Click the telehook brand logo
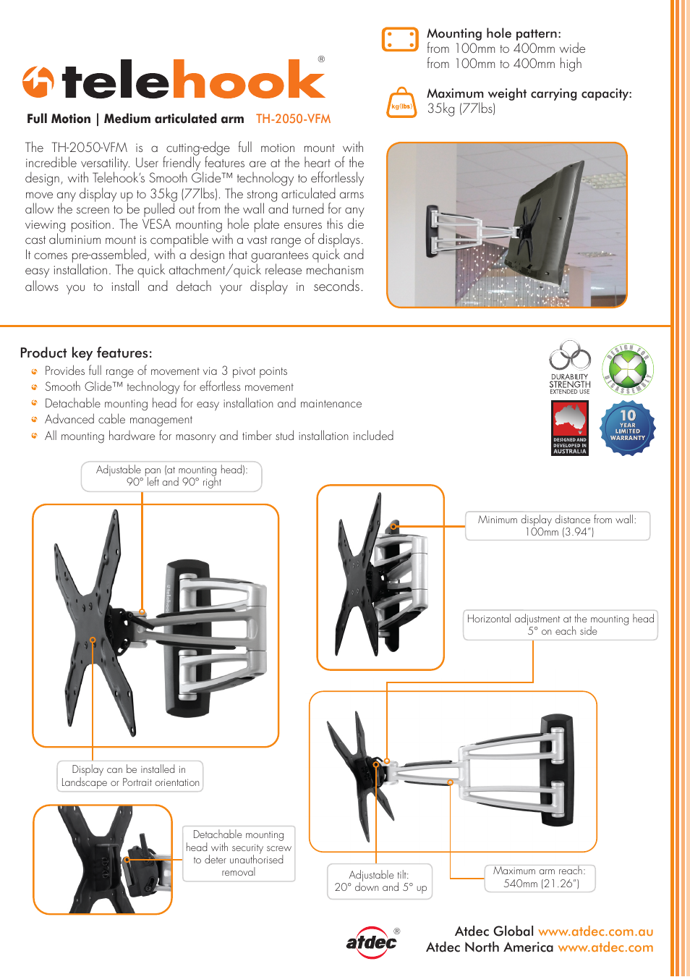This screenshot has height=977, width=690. pos(174,80)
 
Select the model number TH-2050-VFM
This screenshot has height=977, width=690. pos(293,119)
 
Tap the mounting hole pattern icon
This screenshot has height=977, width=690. pos(399,40)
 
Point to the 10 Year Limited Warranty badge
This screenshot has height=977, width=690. pos(628,428)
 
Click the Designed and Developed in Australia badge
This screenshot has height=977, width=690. pos(570,428)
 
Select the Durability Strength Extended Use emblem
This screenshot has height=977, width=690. pos(570,368)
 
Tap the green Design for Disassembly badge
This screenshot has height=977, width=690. pos(628,369)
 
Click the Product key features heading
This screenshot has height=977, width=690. pos(86,353)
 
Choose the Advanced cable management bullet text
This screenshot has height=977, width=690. pos(119,420)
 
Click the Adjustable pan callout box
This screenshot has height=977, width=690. pos(171,476)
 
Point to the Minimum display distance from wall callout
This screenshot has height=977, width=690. pos(557,525)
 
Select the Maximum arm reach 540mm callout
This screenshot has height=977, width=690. pos(540,877)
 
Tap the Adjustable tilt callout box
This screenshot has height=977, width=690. pos(380,881)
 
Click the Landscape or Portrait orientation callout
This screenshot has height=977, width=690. pos(130,776)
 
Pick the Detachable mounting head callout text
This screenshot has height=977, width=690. pos(239,853)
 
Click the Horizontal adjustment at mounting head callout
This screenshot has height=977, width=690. pos(561,625)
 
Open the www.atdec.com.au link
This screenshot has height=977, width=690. pos(595,931)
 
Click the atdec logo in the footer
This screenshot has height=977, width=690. pos(372,942)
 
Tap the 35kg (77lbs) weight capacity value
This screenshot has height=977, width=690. pos(461,109)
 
